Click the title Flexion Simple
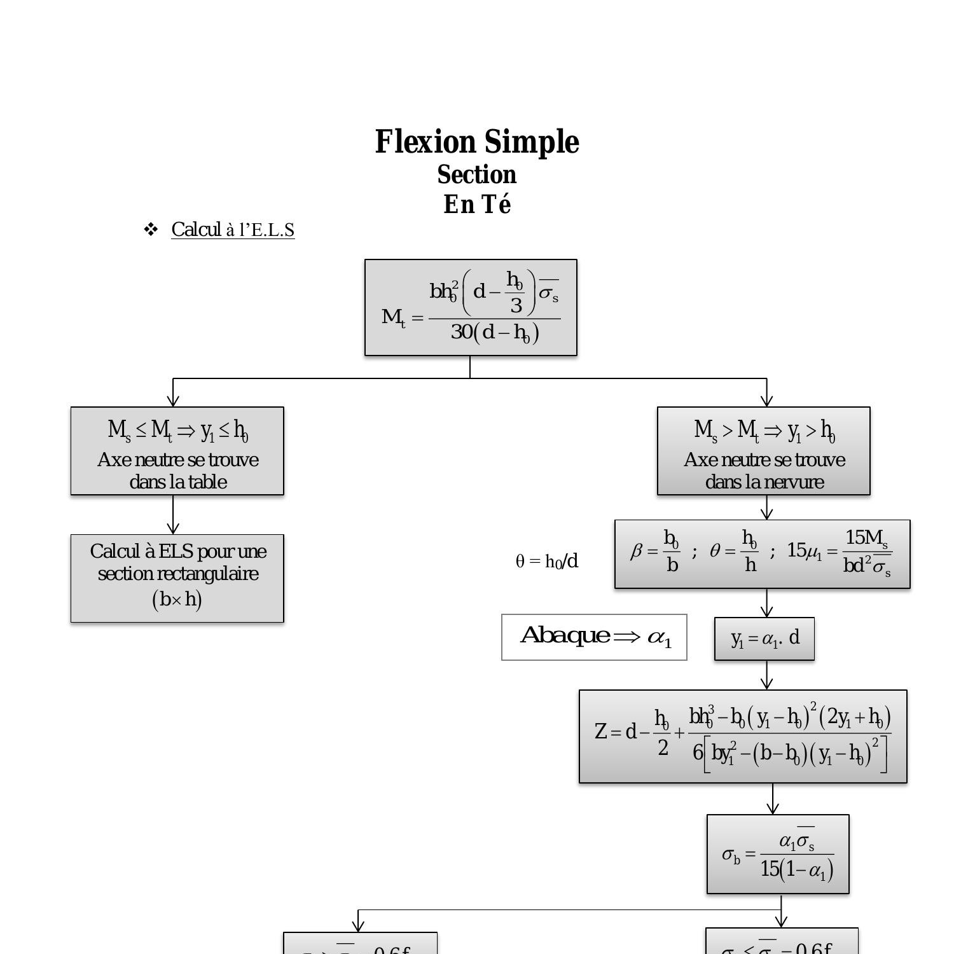tap(477, 142)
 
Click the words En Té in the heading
tap(477, 205)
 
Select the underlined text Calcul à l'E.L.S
tap(233, 230)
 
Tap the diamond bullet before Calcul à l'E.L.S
tap(151, 230)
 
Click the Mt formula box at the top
tap(471, 307)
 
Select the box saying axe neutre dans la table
tap(177, 451)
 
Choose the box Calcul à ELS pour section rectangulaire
tap(177, 578)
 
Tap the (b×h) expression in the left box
tap(177, 599)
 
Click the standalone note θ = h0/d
tap(547, 561)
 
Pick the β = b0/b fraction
tap(655, 551)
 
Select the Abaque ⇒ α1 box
tap(594, 637)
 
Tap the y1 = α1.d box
tap(764, 639)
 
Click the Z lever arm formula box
tap(743, 736)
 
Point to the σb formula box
tap(778, 854)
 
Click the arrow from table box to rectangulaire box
tap(173, 515)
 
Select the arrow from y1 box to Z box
tap(767, 675)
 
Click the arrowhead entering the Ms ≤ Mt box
tap(173, 401)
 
